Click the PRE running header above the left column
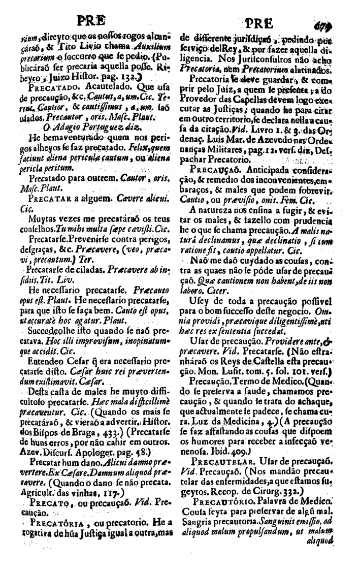tap(90, 22)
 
